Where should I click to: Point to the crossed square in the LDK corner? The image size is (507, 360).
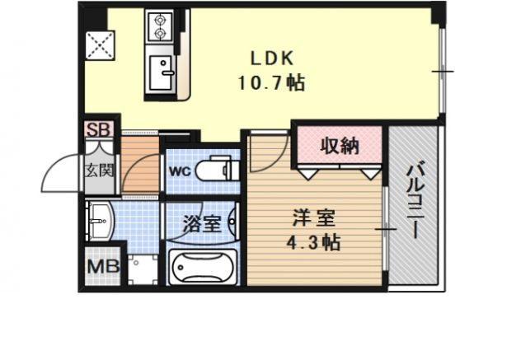99,45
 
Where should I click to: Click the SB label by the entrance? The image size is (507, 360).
98,129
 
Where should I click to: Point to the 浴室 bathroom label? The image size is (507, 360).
201,222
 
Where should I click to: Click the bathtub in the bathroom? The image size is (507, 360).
202,266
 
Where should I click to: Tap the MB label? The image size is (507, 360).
101,267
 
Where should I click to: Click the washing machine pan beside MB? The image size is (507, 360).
141,268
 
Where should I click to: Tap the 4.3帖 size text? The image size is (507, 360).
314,243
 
